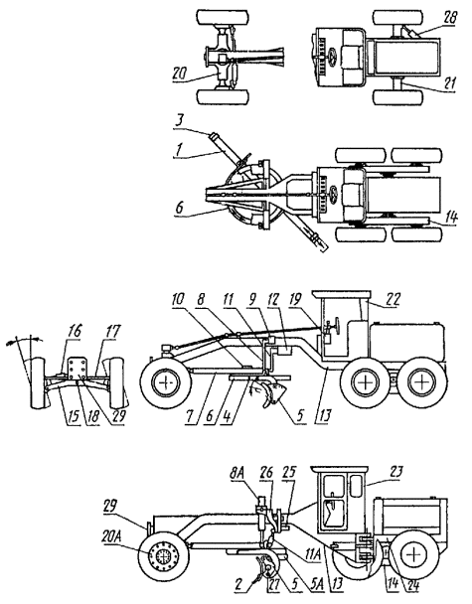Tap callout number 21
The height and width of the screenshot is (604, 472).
point(449,84)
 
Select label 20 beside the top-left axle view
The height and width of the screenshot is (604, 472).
point(180,75)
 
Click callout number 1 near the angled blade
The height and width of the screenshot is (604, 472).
point(179,150)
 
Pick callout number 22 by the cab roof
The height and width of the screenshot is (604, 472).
point(393,299)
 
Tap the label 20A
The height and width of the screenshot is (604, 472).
point(111,536)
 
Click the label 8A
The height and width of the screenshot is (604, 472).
point(236,474)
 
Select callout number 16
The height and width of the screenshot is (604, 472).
point(76,331)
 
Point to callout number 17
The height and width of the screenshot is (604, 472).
point(112,331)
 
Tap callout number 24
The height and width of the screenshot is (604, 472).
point(412,585)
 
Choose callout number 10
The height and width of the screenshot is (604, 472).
point(179,299)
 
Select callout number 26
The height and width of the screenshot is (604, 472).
point(267,473)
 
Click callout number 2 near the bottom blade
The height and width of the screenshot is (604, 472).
point(238,585)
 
